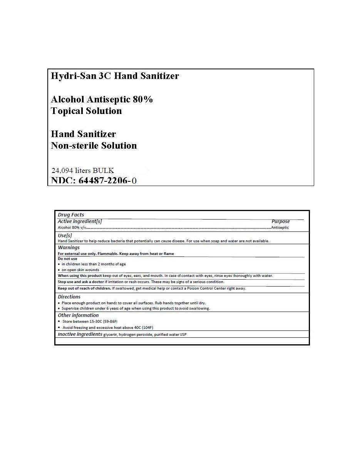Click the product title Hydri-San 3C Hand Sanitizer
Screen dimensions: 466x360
115,76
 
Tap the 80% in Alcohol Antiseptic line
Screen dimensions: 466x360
142,99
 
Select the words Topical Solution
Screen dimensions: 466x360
86,111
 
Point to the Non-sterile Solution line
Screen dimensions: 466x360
94,146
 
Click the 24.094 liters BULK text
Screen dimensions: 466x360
82,170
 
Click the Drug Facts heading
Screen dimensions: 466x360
71,215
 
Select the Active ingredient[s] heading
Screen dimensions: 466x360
80,221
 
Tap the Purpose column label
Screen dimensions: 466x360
280,221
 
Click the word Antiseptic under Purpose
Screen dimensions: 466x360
280,228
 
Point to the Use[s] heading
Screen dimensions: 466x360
65,235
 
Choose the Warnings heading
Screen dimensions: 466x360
69,248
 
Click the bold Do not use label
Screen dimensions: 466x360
67,259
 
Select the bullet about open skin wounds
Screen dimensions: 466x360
80,270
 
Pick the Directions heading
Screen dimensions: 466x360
69,297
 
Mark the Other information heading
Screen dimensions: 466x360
78,315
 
